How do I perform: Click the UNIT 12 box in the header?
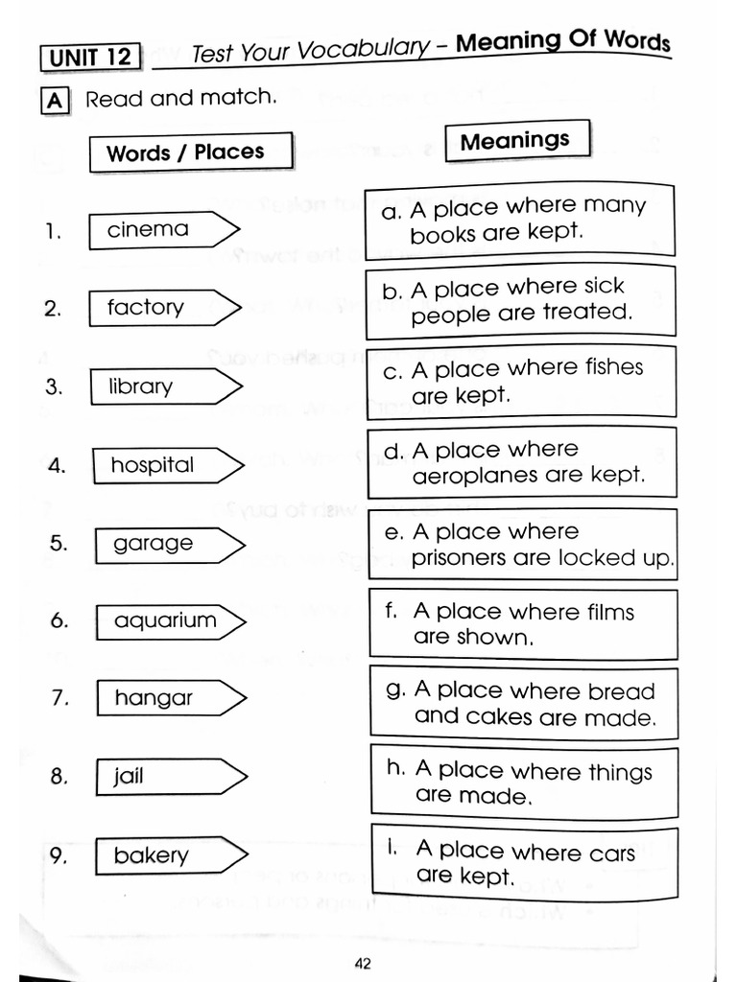coord(90,58)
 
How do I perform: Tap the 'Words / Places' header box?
coord(190,152)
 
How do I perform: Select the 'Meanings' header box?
coord(514,141)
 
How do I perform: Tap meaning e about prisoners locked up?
coord(523,544)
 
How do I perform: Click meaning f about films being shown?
coord(524,623)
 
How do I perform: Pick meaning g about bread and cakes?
coord(524,703)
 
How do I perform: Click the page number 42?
coord(362,965)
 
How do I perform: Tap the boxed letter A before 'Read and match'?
coord(56,101)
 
